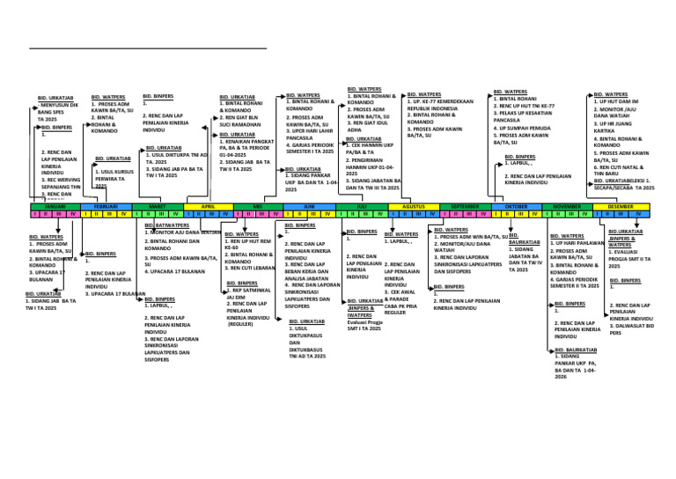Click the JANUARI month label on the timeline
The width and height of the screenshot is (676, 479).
tap(55, 205)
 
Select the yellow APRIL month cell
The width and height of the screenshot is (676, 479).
tap(208, 205)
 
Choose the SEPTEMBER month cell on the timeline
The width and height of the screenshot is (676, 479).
tap(465, 205)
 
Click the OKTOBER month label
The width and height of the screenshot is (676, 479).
tap(516, 205)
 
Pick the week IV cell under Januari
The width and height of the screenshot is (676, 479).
tap(74, 213)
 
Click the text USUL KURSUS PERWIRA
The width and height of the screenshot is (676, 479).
tap(112, 175)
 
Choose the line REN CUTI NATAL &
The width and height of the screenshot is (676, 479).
tap(621, 166)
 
